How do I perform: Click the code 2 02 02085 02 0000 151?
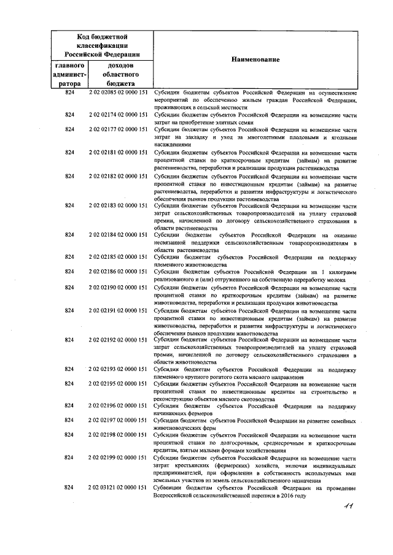coord(118,92)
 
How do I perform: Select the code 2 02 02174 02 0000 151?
coord(118,115)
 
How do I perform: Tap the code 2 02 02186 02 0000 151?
coord(118,270)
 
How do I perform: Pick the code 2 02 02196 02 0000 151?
coord(118,406)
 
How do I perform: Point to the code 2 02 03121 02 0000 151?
coord(118,487)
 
